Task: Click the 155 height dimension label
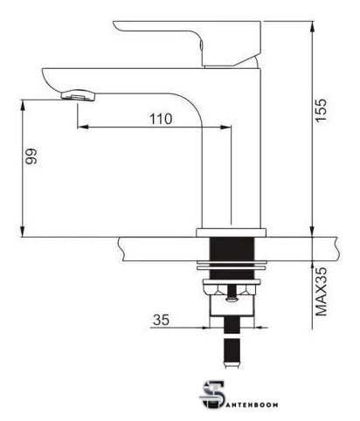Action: point(322,110)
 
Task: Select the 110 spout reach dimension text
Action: point(161,119)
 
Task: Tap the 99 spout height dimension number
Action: point(31,156)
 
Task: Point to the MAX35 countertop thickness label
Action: point(322,292)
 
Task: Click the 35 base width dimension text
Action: point(161,320)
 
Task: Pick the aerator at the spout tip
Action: point(78,95)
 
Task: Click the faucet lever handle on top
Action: point(187,44)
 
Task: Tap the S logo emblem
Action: point(212,395)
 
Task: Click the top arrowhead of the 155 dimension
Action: point(312,26)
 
